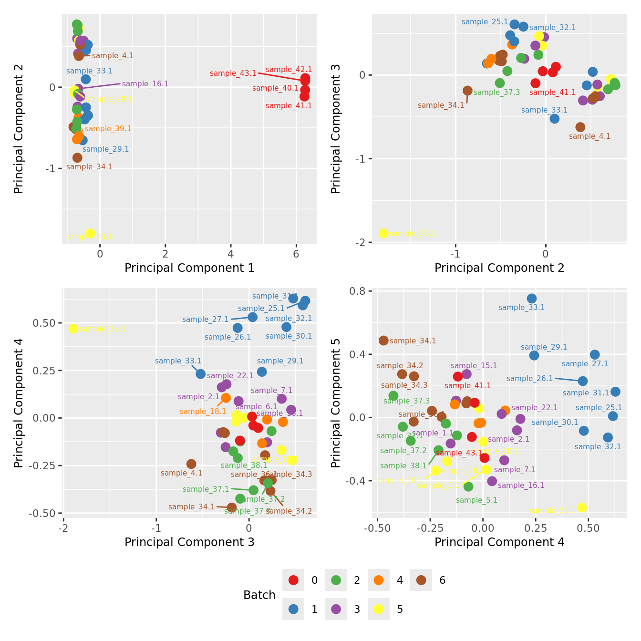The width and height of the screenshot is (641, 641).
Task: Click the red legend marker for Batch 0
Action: point(293,580)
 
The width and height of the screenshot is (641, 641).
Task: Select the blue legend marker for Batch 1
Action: point(293,609)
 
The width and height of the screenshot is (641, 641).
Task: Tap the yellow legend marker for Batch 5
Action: point(379,609)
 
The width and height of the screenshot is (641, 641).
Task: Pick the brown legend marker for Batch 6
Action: point(421,580)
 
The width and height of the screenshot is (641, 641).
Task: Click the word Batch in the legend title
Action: point(259,595)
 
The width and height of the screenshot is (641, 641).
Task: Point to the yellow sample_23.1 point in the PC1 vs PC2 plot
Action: point(90,233)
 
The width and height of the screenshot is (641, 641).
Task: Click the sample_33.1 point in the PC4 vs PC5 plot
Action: point(532,299)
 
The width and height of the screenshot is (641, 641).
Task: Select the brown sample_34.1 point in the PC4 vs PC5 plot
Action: point(383,341)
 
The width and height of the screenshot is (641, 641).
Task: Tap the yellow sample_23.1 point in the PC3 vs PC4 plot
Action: point(73,329)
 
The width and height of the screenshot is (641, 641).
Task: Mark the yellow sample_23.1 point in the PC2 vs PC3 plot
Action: point(383,233)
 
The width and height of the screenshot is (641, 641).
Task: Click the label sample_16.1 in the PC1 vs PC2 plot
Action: point(145,84)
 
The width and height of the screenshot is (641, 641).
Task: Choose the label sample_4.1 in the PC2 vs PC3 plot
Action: point(589,136)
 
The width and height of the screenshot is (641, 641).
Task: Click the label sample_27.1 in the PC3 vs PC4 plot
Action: point(206,320)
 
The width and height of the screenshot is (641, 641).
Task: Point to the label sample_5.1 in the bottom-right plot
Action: point(476,500)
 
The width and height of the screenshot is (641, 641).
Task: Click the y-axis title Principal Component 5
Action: point(336,403)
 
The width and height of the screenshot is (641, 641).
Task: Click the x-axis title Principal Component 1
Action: point(189,268)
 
